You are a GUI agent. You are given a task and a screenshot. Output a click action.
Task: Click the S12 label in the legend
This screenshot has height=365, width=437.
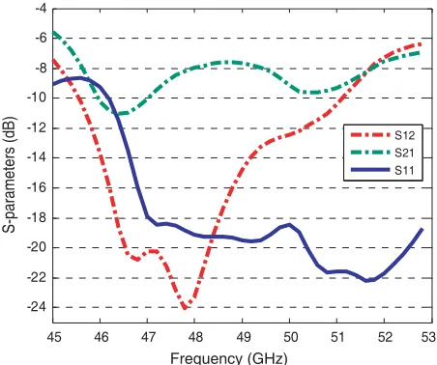(x=404, y=135)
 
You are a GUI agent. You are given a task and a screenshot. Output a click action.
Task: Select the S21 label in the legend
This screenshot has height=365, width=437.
(x=404, y=153)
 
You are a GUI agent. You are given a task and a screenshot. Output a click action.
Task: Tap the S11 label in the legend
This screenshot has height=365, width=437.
(x=404, y=170)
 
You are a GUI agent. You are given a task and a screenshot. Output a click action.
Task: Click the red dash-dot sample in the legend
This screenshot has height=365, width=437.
(x=370, y=135)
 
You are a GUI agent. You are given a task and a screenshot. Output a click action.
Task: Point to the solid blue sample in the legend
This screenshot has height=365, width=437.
(x=370, y=170)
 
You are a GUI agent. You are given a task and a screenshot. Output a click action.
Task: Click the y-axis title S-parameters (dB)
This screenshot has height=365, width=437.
(x=9, y=175)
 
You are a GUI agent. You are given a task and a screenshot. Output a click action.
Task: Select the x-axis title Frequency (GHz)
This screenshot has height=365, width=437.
(x=229, y=358)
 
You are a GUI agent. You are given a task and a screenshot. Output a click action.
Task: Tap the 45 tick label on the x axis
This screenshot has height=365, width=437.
(x=53, y=337)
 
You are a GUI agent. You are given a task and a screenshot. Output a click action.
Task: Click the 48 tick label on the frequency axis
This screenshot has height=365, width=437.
(x=195, y=337)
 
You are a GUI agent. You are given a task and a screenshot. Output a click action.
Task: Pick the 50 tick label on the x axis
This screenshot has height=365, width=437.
(x=290, y=337)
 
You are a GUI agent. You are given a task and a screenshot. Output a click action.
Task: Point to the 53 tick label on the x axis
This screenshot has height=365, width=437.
(x=429, y=337)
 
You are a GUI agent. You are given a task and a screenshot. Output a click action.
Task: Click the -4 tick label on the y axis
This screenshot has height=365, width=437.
(x=41, y=9)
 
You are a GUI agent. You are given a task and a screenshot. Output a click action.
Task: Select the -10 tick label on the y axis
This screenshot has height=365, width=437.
(x=37, y=98)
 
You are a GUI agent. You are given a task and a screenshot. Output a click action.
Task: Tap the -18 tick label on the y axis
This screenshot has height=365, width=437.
(x=37, y=218)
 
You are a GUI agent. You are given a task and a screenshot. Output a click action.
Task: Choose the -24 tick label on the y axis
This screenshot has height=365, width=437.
(x=37, y=307)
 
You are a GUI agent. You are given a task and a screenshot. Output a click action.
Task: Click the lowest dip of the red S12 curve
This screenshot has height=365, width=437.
(x=185, y=308)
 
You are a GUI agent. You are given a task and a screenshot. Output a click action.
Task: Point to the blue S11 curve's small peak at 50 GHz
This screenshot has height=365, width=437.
(x=289, y=225)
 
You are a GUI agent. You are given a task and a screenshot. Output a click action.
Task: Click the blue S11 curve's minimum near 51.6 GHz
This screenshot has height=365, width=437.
(x=366, y=281)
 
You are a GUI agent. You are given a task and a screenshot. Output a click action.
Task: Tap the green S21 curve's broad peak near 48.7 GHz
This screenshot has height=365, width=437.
(x=226, y=62)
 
